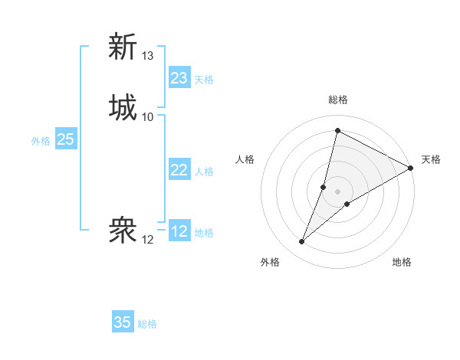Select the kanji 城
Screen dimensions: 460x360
(123, 107)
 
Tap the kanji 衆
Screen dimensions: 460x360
(123, 231)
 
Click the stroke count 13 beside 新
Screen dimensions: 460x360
(148, 56)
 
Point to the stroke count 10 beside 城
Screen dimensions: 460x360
(148, 116)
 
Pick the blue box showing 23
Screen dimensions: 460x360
(179, 78)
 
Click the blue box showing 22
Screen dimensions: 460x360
(179, 170)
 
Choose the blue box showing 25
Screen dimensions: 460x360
(65, 139)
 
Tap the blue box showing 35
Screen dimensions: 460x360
(123, 322)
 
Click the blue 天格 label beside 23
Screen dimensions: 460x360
(204, 79)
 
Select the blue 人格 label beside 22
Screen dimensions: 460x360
(204, 171)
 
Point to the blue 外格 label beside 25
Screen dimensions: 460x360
(41, 140)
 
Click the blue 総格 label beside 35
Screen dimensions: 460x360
(147, 324)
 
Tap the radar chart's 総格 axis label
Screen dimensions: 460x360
(337, 100)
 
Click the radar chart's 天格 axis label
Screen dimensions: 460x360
(431, 159)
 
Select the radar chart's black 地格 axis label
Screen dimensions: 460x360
(402, 262)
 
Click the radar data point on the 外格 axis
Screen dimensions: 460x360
(302, 242)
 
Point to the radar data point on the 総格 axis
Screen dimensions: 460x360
(337, 130)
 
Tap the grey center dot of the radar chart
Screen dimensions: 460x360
(337, 191)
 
